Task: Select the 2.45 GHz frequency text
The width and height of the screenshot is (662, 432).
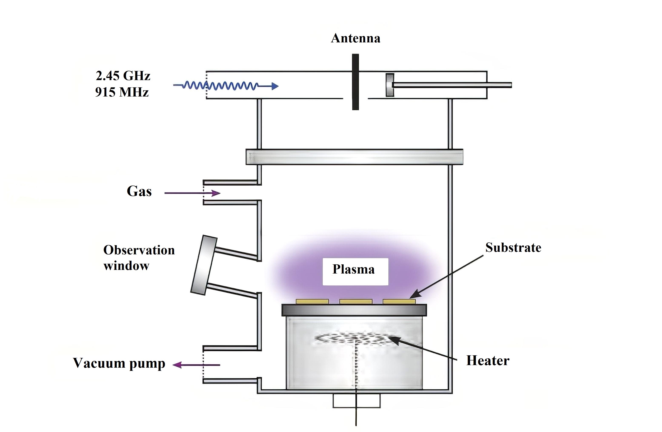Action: tap(123, 76)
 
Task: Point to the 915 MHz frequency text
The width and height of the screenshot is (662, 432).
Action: tap(122, 92)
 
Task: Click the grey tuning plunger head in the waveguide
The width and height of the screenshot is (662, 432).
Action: tap(390, 85)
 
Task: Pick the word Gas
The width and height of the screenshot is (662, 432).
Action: tap(139, 191)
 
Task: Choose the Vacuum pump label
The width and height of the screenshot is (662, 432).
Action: tap(119, 363)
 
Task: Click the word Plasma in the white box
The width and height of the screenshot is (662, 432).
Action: tap(353, 269)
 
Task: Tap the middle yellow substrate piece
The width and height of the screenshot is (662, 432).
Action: tap(356, 301)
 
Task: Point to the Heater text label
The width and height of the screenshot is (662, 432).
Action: tap(488, 361)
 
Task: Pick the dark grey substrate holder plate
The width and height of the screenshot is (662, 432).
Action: tap(354, 310)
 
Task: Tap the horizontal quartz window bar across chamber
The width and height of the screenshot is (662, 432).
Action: tap(354, 157)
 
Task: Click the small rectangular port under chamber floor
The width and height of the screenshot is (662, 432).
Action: tap(356, 400)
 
